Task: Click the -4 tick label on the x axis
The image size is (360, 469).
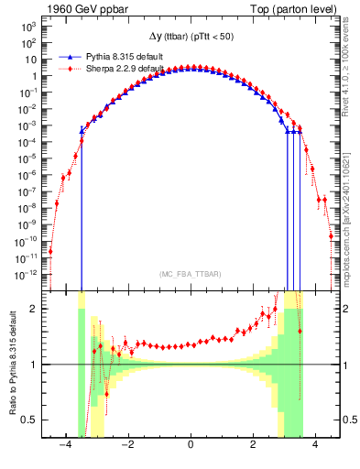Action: (x=64, y=446)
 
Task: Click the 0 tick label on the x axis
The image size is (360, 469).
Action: (x=190, y=446)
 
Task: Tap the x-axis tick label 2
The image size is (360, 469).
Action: (x=253, y=446)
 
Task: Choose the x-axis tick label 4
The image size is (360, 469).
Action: (x=315, y=446)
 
